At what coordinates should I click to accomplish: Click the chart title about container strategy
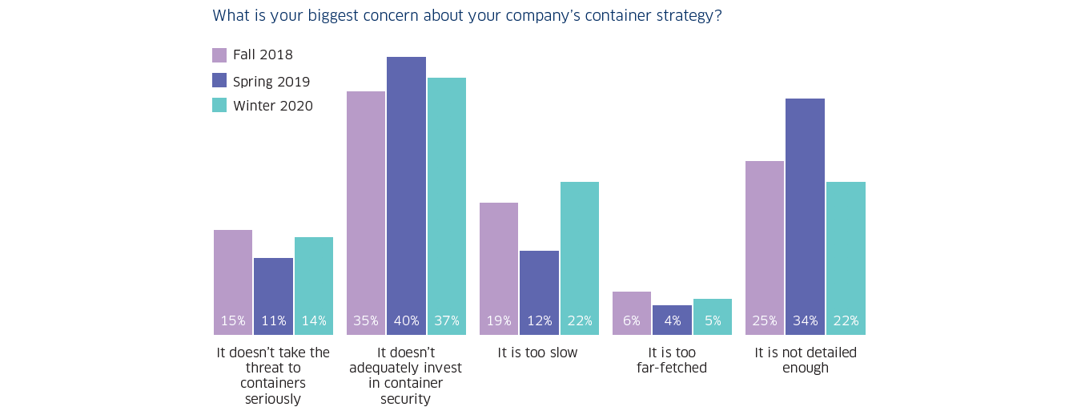467,15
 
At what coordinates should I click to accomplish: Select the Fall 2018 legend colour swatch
219,55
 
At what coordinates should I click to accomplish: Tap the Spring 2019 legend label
271,81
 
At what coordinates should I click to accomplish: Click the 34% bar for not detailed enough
805,216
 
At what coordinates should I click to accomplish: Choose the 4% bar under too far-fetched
673,320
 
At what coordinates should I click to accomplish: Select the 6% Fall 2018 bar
632,312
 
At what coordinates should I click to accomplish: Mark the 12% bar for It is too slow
539,292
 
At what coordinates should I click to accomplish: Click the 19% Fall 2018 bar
499,268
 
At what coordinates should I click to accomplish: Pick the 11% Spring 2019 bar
273,296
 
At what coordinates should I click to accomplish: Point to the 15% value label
233,321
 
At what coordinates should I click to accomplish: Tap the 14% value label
314,321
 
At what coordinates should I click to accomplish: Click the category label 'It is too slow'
537,353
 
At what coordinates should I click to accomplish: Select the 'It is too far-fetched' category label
672,361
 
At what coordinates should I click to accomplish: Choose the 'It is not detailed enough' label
806,361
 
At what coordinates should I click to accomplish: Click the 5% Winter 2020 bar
713,316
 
